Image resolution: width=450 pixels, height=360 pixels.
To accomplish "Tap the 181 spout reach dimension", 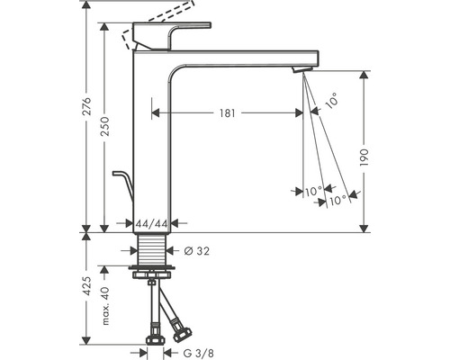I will click(226, 113).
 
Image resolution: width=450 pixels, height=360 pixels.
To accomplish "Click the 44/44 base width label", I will click(148, 222).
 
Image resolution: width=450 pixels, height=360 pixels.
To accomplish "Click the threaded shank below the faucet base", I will click(149, 249).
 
